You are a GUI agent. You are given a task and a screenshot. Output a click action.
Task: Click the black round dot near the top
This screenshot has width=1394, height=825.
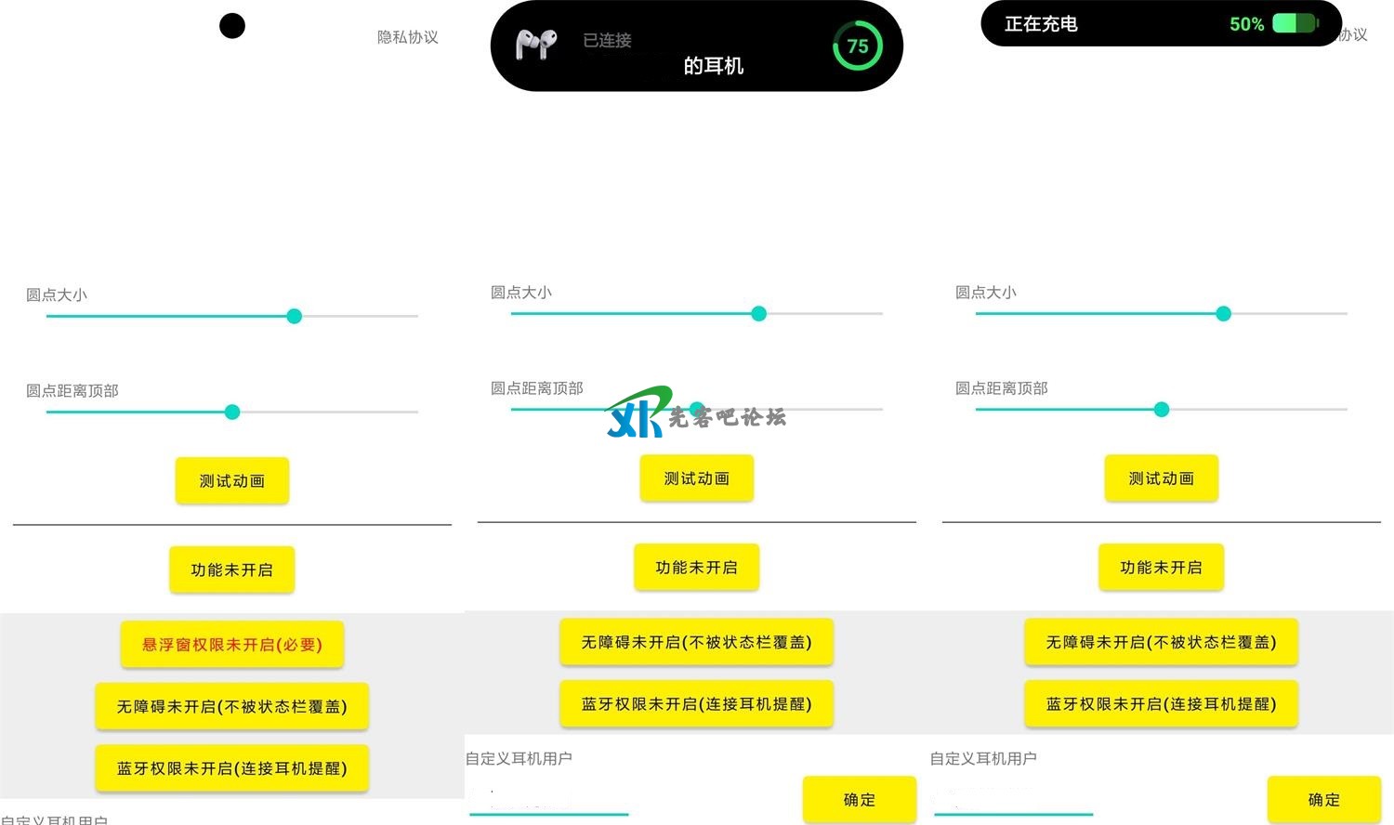pyautogui.click(x=232, y=26)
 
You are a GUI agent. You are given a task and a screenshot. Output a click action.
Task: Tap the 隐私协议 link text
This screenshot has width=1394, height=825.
pyautogui.click(x=407, y=37)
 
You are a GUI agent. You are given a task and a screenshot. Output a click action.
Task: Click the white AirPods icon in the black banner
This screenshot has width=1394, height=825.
pyautogui.click(x=536, y=45)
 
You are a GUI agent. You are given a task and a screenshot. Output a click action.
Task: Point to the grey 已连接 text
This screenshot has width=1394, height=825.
pyautogui.click(x=607, y=40)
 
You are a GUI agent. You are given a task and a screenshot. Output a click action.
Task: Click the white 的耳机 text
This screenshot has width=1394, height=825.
pyautogui.click(x=713, y=66)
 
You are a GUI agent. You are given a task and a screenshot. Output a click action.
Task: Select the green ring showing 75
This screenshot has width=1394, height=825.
pyautogui.click(x=857, y=46)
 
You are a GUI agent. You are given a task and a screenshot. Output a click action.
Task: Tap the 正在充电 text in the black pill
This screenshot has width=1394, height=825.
pyautogui.click(x=1041, y=24)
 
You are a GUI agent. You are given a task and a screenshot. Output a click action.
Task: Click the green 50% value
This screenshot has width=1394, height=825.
pyautogui.click(x=1246, y=24)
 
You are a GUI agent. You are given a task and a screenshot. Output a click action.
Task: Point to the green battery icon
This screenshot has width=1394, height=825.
pyautogui.click(x=1295, y=23)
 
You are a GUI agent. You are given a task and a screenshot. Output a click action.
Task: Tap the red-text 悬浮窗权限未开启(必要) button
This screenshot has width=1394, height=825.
pyautogui.click(x=232, y=645)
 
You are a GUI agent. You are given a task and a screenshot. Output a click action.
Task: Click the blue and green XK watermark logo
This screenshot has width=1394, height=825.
pyautogui.click(x=638, y=414)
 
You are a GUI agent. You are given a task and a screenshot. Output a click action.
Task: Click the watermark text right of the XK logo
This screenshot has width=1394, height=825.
pyautogui.click(x=727, y=417)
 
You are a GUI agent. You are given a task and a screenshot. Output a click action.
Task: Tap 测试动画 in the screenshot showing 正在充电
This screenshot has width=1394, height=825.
pyautogui.click(x=1161, y=478)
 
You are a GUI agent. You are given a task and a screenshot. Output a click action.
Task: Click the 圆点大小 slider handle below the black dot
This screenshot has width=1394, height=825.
pyautogui.click(x=295, y=316)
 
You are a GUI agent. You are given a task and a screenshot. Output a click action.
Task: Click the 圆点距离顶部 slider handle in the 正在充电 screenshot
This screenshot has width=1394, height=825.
pyautogui.click(x=1162, y=410)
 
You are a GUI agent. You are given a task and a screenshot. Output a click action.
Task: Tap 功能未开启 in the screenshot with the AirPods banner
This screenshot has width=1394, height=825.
pyautogui.click(x=696, y=568)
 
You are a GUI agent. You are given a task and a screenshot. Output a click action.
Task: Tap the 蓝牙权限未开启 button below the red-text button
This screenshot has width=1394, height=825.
pyautogui.click(x=232, y=768)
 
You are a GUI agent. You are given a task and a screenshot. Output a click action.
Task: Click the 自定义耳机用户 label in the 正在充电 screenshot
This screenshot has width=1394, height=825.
pyautogui.click(x=983, y=758)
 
